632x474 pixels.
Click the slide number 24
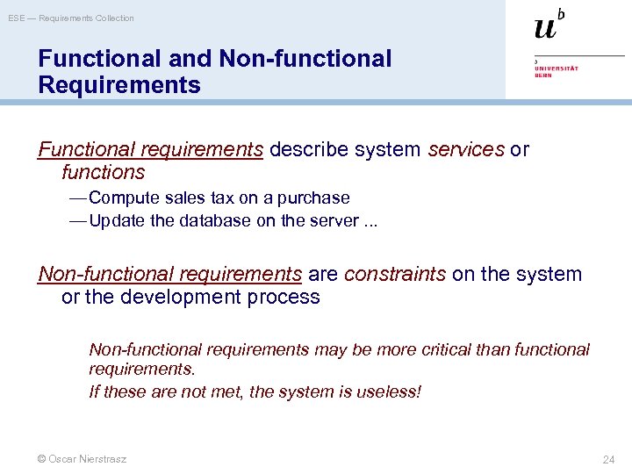[608, 459]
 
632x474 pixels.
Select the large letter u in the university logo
[545, 27]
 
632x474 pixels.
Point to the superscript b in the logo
[561, 13]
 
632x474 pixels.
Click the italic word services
[466, 150]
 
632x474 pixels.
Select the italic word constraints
[395, 275]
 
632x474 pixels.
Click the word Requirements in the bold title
[119, 85]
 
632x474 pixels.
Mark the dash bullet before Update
[77, 221]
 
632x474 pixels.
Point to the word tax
[220, 198]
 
